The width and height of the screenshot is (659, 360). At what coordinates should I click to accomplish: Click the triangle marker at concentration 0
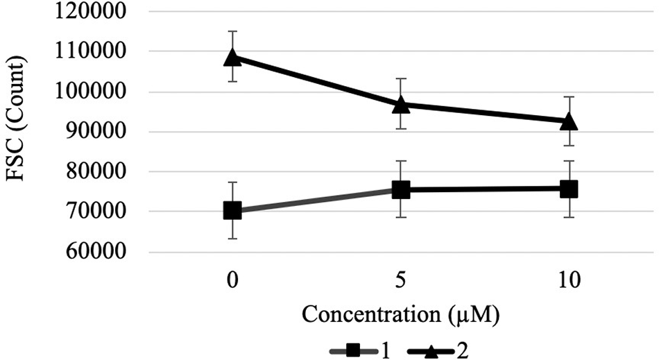pos(232,57)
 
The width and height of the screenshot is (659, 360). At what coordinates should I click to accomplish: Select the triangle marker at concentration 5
pos(401,104)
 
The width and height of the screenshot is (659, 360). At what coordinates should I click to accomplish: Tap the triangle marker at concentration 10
pos(569,121)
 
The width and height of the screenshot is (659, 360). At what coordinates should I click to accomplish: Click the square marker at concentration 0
pos(232,210)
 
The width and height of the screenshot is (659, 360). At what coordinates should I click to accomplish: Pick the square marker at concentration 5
pos(401,189)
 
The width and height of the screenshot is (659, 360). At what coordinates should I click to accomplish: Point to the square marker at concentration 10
pos(569,189)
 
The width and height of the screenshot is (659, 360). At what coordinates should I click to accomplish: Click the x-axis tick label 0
pos(232,281)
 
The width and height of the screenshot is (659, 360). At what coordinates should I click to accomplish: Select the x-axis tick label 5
pos(401,281)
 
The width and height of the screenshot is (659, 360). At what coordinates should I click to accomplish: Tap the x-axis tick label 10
pos(569,281)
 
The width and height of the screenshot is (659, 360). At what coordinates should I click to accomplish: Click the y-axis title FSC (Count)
pos(19,132)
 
